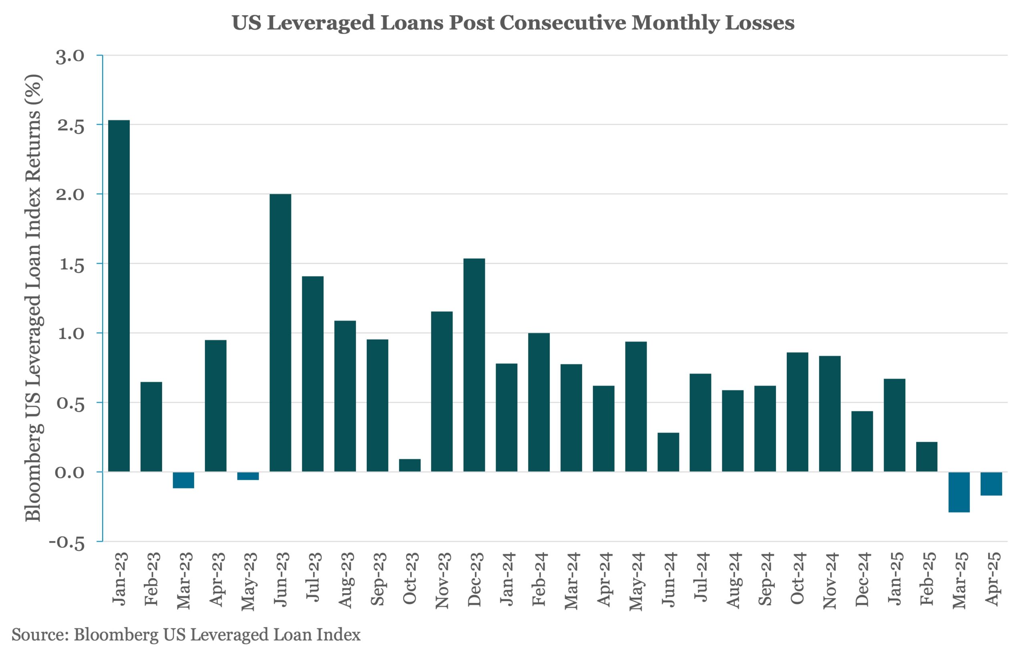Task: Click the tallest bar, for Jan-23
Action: click(x=119, y=296)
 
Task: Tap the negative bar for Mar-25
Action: click(x=959, y=491)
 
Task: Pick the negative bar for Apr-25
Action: click(x=991, y=483)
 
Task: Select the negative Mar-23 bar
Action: click(x=183, y=480)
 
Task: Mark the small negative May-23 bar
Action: click(x=248, y=476)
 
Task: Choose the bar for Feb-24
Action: click(x=539, y=402)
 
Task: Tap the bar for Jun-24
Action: click(x=668, y=452)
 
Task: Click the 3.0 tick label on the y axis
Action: click(x=70, y=56)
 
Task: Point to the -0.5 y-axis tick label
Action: click(x=67, y=543)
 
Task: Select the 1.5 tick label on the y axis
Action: click(x=72, y=265)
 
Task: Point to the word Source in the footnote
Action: click(x=39, y=634)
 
